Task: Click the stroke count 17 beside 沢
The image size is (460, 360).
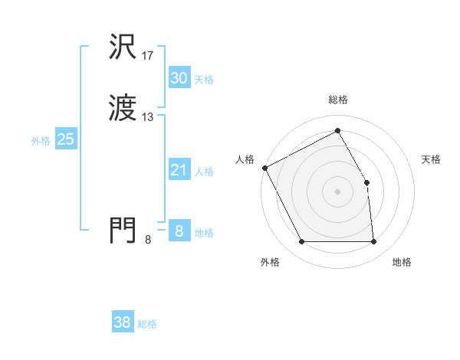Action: coord(149,55)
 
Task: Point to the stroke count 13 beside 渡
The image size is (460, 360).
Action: coord(149,117)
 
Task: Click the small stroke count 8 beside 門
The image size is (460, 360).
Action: coord(148,241)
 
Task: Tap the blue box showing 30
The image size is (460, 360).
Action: coord(179,77)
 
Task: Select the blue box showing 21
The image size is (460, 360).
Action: coord(179,170)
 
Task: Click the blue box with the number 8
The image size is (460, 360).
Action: coord(179,231)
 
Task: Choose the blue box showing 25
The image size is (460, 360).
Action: coord(65,139)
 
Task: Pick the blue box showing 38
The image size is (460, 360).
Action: coord(122,322)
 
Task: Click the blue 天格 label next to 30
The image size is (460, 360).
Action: coord(204,80)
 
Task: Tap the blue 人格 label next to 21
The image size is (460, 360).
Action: coord(204,172)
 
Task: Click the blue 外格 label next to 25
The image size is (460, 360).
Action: coord(40,141)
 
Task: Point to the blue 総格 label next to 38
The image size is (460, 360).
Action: coord(147,324)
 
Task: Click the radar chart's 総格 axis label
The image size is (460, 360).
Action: coord(338,100)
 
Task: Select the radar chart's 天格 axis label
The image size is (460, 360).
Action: coord(432,159)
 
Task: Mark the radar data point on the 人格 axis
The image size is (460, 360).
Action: coord(264,168)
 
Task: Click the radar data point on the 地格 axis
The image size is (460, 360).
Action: coord(374,242)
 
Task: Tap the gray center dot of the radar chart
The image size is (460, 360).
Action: coord(338,191)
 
